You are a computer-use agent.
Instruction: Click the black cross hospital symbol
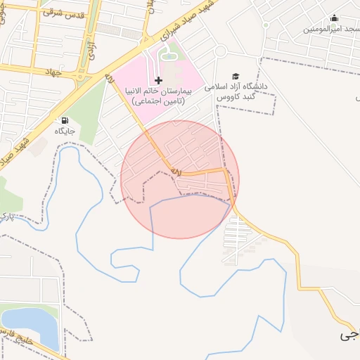[158, 81]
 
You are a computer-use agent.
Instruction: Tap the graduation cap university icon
[236, 76]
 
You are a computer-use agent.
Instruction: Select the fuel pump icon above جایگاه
[65, 120]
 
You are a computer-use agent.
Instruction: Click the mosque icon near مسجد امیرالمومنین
[334, 18]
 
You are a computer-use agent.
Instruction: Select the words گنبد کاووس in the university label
[238, 96]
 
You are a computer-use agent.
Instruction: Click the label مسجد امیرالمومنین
[330, 29]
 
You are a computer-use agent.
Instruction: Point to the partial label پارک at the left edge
[6, 214]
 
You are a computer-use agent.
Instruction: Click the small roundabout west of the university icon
[220, 51]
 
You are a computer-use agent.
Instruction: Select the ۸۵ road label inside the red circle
[175, 172]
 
